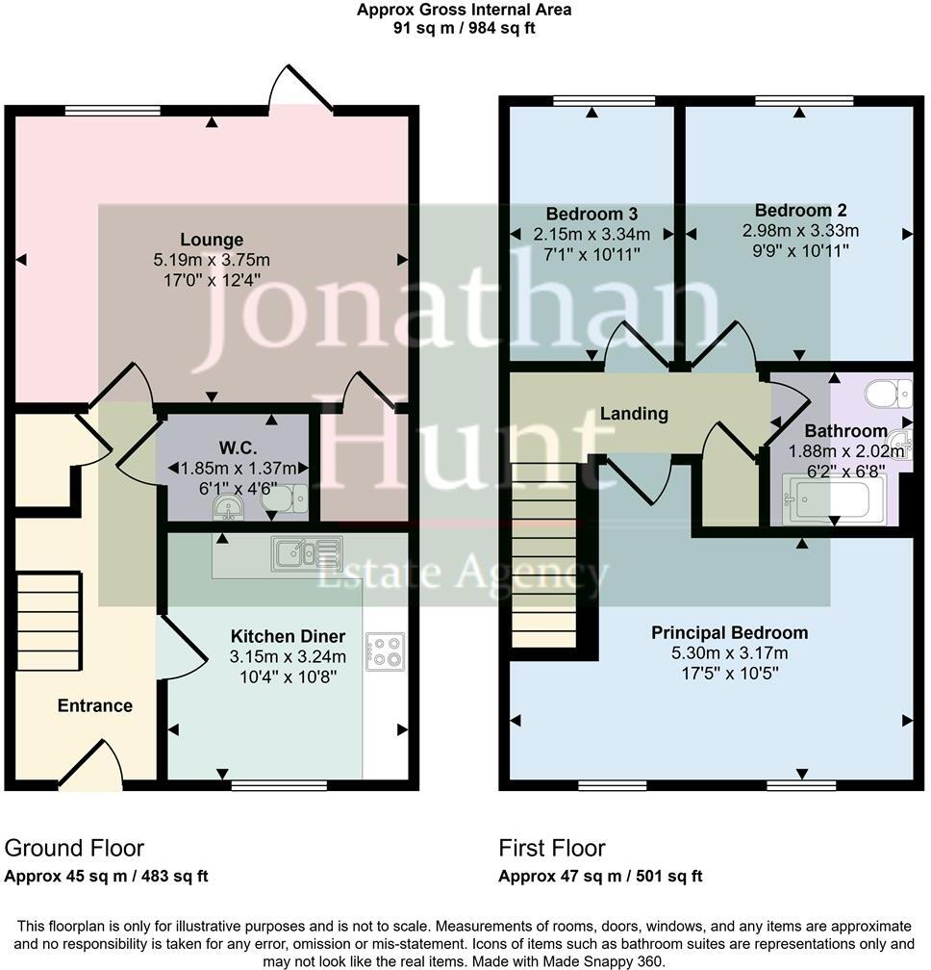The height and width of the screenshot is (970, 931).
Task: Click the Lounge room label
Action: click(x=211, y=240)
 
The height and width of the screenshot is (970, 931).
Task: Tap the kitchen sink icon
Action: click(x=306, y=553)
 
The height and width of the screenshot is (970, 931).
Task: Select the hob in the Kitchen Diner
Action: click(x=385, y=650)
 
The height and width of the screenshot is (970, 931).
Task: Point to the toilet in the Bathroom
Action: click(x=887, y=394)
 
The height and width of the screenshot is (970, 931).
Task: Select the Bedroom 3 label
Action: click(x=578, y=214)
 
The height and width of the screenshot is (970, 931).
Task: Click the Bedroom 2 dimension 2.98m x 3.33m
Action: click(x=800, y=231)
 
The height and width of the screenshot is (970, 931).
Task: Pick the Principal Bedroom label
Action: click(x=729, y=632)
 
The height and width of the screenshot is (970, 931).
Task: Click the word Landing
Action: click(x=634, y=414)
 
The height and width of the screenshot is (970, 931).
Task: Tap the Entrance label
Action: click(x=94, y=705)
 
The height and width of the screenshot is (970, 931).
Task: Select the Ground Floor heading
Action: click(x=74, y=848)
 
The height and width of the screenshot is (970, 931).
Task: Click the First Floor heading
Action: click(x=552, y=848)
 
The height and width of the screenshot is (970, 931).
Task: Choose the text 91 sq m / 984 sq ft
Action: click(x=465, y=28)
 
